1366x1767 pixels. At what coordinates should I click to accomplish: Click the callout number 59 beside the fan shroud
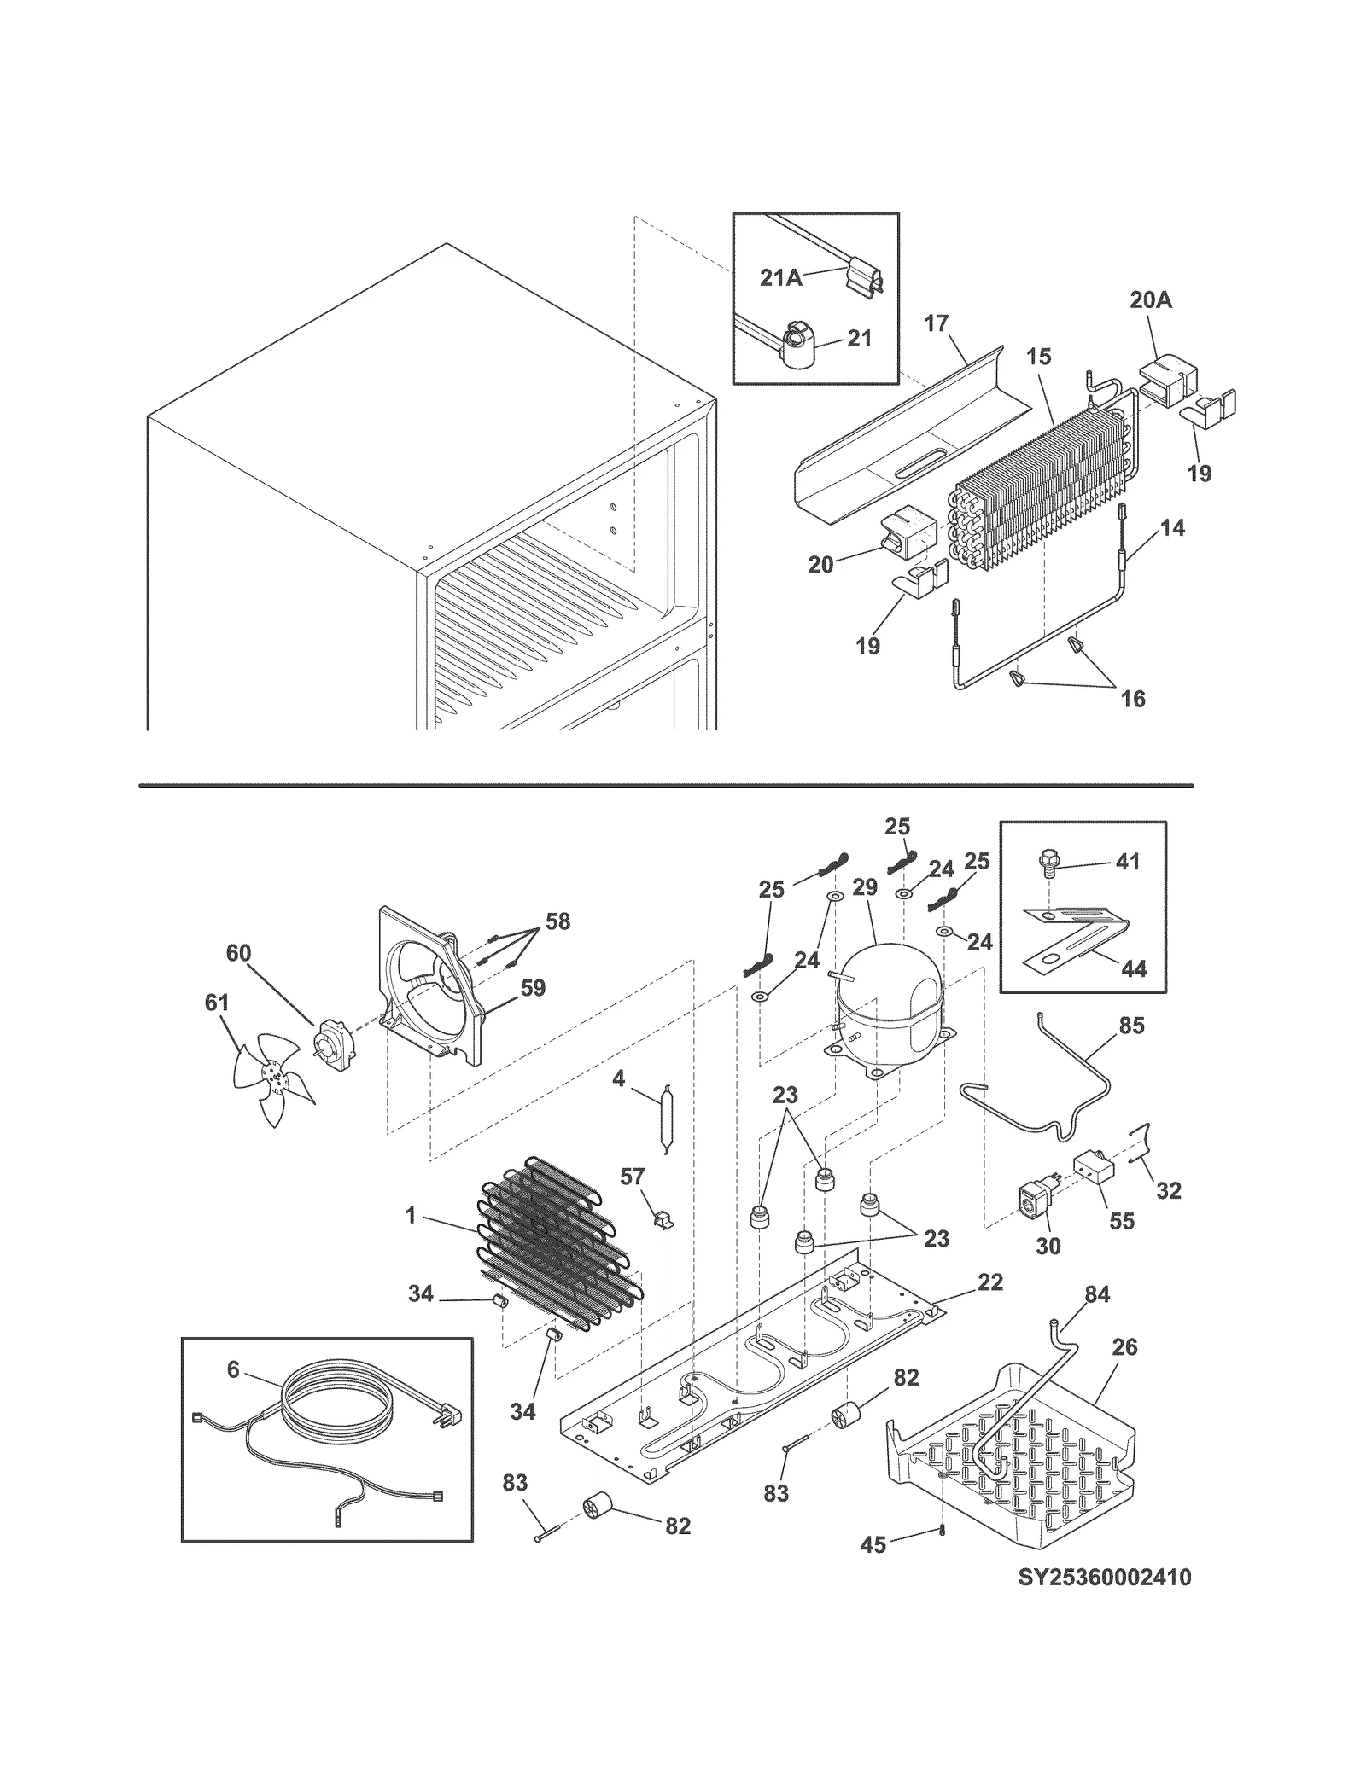[533, 988]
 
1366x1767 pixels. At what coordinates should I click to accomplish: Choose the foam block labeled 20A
[1167, 381]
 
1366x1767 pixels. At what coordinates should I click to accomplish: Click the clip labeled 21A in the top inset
[864, 279]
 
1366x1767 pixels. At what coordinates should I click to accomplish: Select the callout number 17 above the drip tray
[936, 323]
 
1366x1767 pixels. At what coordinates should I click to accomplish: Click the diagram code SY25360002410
[1104, 1577]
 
